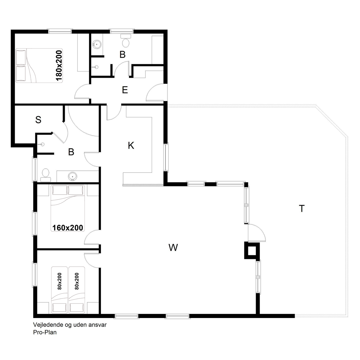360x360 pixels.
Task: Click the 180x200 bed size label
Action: pyautogui.click(x=59, y=66)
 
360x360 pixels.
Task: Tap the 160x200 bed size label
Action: pyautogui.click(x=68, y=228)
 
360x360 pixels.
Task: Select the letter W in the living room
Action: pyautogui.click(x=173, y=247)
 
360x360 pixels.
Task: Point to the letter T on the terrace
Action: pyautogui.click(x=302, y=209)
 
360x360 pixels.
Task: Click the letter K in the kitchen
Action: pyautogui.click(x=131, y=145)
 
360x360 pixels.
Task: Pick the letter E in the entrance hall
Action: pyautogui.click(x=125, y=90)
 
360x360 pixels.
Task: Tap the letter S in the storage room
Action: pyautogui.click(x=38, y=120)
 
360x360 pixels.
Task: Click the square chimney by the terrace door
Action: pyautogui.click(x=252, y=251)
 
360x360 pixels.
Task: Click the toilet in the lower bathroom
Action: pyautogui.click(x=46, y=175)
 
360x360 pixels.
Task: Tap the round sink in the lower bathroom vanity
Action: pyautogui.click(x=72, y=176)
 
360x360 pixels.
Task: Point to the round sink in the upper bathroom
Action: pyautogui.click(x=97, y=44)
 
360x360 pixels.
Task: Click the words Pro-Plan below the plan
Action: pyautogui.click(x=45, y=332)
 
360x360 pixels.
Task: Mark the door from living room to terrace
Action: pyautogui.click(x=257, y=233)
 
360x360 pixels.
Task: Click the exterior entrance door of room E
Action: pyautogui.click(x=157, y=92)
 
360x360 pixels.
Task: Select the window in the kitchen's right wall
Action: pyautogui.click(x=166, y=157)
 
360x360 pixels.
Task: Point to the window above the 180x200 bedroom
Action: pyautogui.click(x=60, y=31)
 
